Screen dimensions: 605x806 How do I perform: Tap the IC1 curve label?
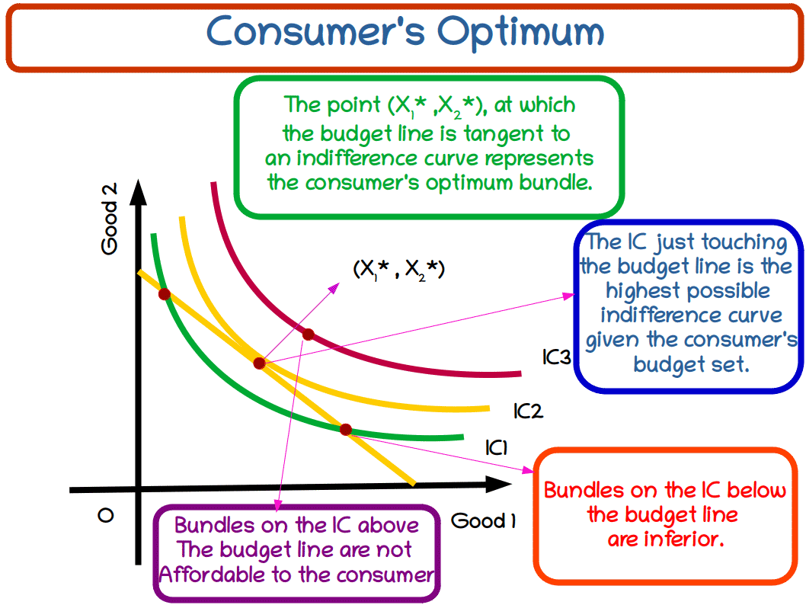click(496, 448)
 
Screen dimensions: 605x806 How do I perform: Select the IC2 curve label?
click(527, 411)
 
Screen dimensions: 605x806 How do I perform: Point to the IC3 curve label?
click(556, 356)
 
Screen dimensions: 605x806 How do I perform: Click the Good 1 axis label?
click(484, 521)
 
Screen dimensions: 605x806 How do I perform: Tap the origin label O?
click(106, 516)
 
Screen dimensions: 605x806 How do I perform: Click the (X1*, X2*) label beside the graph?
click(398, 269)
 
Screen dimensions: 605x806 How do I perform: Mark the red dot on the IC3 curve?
click(308, 334)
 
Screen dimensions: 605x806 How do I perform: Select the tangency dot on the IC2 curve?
click(260, 363)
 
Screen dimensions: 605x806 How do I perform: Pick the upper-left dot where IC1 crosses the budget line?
click(164, 294)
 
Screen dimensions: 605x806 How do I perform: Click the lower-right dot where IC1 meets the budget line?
click(345, 430)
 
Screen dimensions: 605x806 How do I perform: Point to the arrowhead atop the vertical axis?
click(137, 191)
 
